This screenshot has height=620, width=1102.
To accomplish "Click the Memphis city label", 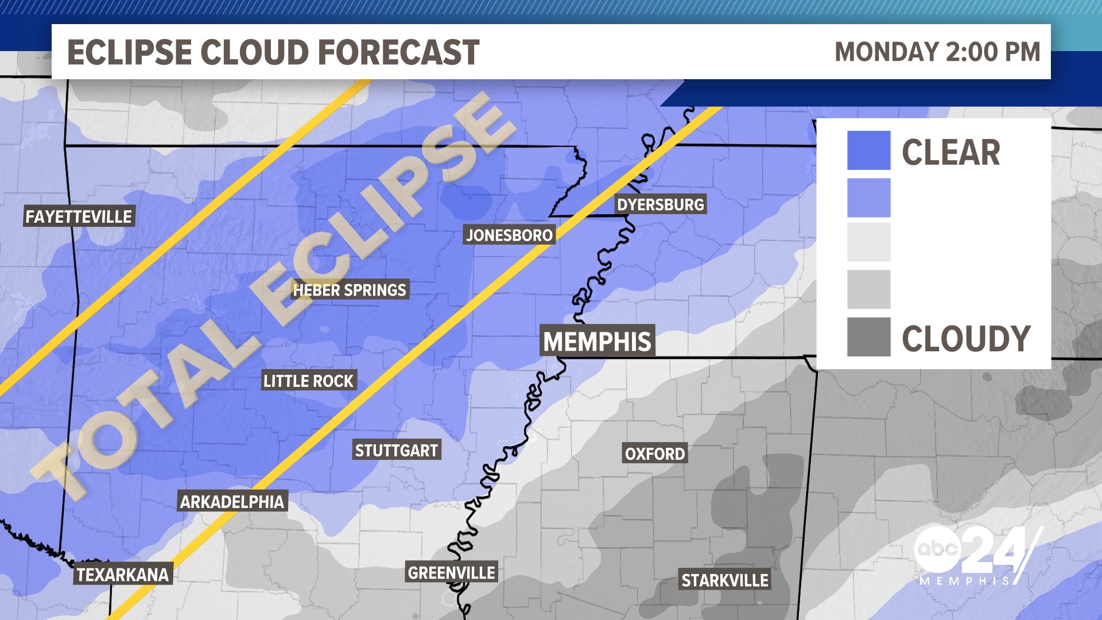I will click(597, 342).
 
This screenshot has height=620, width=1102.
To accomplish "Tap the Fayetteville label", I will click(79, 216).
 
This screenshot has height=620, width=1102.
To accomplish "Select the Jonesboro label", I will click(509, 235).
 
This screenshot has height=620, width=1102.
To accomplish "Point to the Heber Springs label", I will click(350, 290).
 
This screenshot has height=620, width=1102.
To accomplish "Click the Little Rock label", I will click(309, 381).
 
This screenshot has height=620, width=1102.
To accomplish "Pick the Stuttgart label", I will click(397, 451).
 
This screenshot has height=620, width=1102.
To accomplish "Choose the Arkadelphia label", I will click(232, 502).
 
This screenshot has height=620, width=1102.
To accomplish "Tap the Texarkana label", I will click(123, 575).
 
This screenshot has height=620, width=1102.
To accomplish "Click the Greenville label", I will click(451, 572).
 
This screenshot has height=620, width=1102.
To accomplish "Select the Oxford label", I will click(655, 454).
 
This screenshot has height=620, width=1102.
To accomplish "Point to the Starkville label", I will click(725, 580).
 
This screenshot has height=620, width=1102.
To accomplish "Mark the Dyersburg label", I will click(660, 204).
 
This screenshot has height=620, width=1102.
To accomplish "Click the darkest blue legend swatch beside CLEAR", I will click(868, 150).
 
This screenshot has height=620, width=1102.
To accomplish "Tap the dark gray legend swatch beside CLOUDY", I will click(868, 337).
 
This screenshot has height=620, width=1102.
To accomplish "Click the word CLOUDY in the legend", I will click(967, 339).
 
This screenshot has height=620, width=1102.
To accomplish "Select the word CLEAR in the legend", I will click(951, 153).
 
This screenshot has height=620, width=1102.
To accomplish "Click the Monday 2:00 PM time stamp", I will click(937, 52).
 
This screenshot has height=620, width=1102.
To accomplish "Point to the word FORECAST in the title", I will click(398, 53).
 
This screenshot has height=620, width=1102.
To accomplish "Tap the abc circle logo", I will click(937, 549).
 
